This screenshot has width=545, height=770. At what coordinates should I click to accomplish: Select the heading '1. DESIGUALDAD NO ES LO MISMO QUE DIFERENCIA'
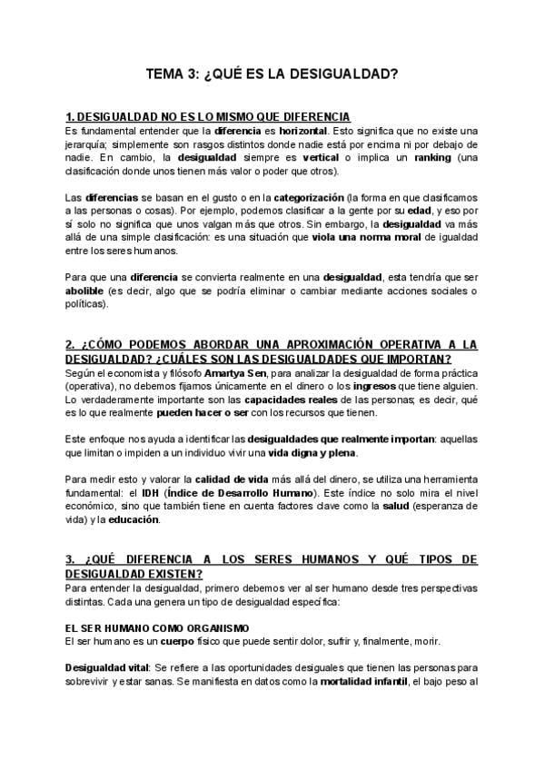(208, 118)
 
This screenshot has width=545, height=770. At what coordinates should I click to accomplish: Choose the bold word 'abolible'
(86, 291)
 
